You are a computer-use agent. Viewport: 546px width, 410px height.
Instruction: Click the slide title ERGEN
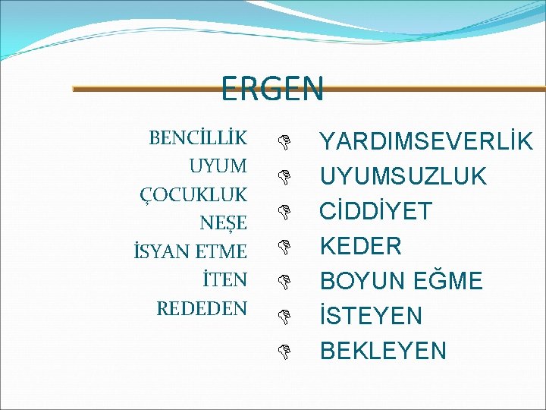pos(272,88)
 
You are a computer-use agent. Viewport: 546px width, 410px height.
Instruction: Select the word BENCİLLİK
pos(198,138)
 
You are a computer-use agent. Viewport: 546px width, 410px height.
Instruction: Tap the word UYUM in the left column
pos(218,166)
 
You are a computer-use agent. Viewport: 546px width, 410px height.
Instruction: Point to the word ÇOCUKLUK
pos(193,195)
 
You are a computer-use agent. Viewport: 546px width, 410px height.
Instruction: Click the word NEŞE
pos(223,223)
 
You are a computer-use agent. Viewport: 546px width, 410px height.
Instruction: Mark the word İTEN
pos(224,279)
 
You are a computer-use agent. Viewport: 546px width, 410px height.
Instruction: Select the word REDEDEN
pos(201,308)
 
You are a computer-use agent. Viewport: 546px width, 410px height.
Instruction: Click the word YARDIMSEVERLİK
pos(426,141)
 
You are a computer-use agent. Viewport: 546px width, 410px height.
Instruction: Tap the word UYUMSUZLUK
pos(403,176)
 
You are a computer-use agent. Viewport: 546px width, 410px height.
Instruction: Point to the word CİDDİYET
pos(376,211)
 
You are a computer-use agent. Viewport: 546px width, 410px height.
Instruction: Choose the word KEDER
pos(361,246)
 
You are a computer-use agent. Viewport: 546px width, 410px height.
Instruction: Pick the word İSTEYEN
pos(371,316)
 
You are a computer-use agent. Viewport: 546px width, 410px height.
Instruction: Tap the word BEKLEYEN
pos(383,351)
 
